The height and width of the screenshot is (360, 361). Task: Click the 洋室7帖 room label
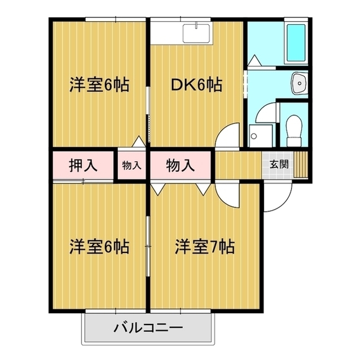(x=204, y=246)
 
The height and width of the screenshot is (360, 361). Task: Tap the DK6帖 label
(x=196, y=85)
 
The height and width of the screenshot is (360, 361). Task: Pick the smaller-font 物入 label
(x=131, y=166)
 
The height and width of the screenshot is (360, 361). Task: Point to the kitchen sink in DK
(x=196, y=31)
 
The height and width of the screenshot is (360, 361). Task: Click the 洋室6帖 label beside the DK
(x=99, y=85)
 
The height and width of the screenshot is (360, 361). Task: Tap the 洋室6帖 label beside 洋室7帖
(x=99, y=246)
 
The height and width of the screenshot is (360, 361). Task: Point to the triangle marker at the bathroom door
(x=253, y=59)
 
